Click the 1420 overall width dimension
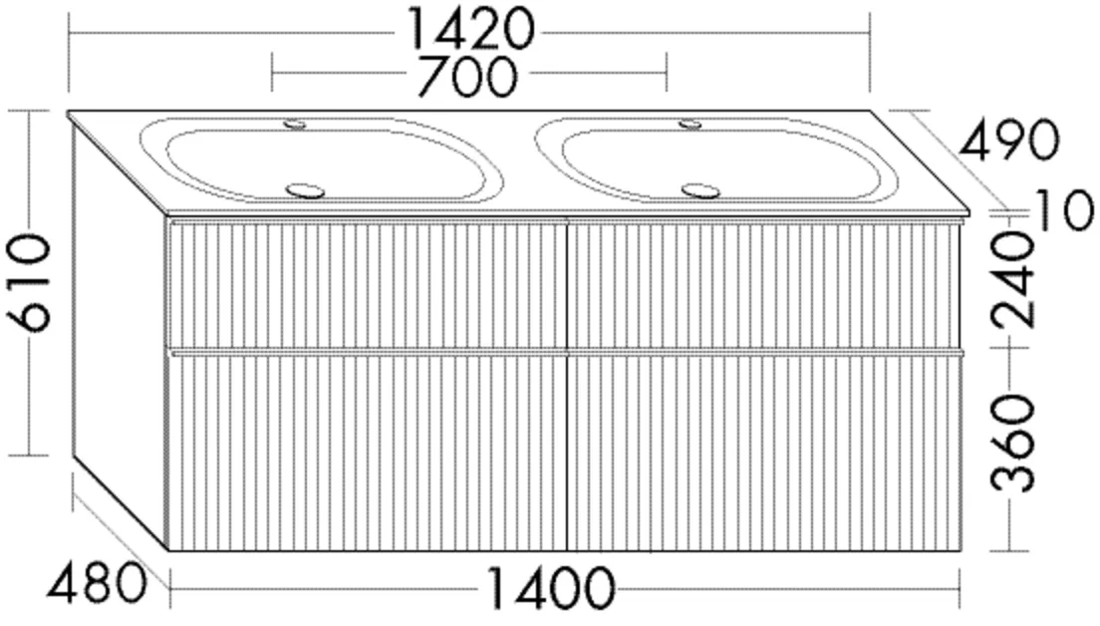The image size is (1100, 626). [468, 30]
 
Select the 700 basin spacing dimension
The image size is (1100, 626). [466, 76]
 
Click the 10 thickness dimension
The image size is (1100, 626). [1063, 210]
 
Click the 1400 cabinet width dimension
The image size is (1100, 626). [548, 589]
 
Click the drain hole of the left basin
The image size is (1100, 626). [305, 189]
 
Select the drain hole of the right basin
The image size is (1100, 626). [700, 189]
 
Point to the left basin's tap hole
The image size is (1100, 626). [296, 125]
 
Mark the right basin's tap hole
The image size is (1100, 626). [690, 124]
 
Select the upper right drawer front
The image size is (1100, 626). [762, 284]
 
